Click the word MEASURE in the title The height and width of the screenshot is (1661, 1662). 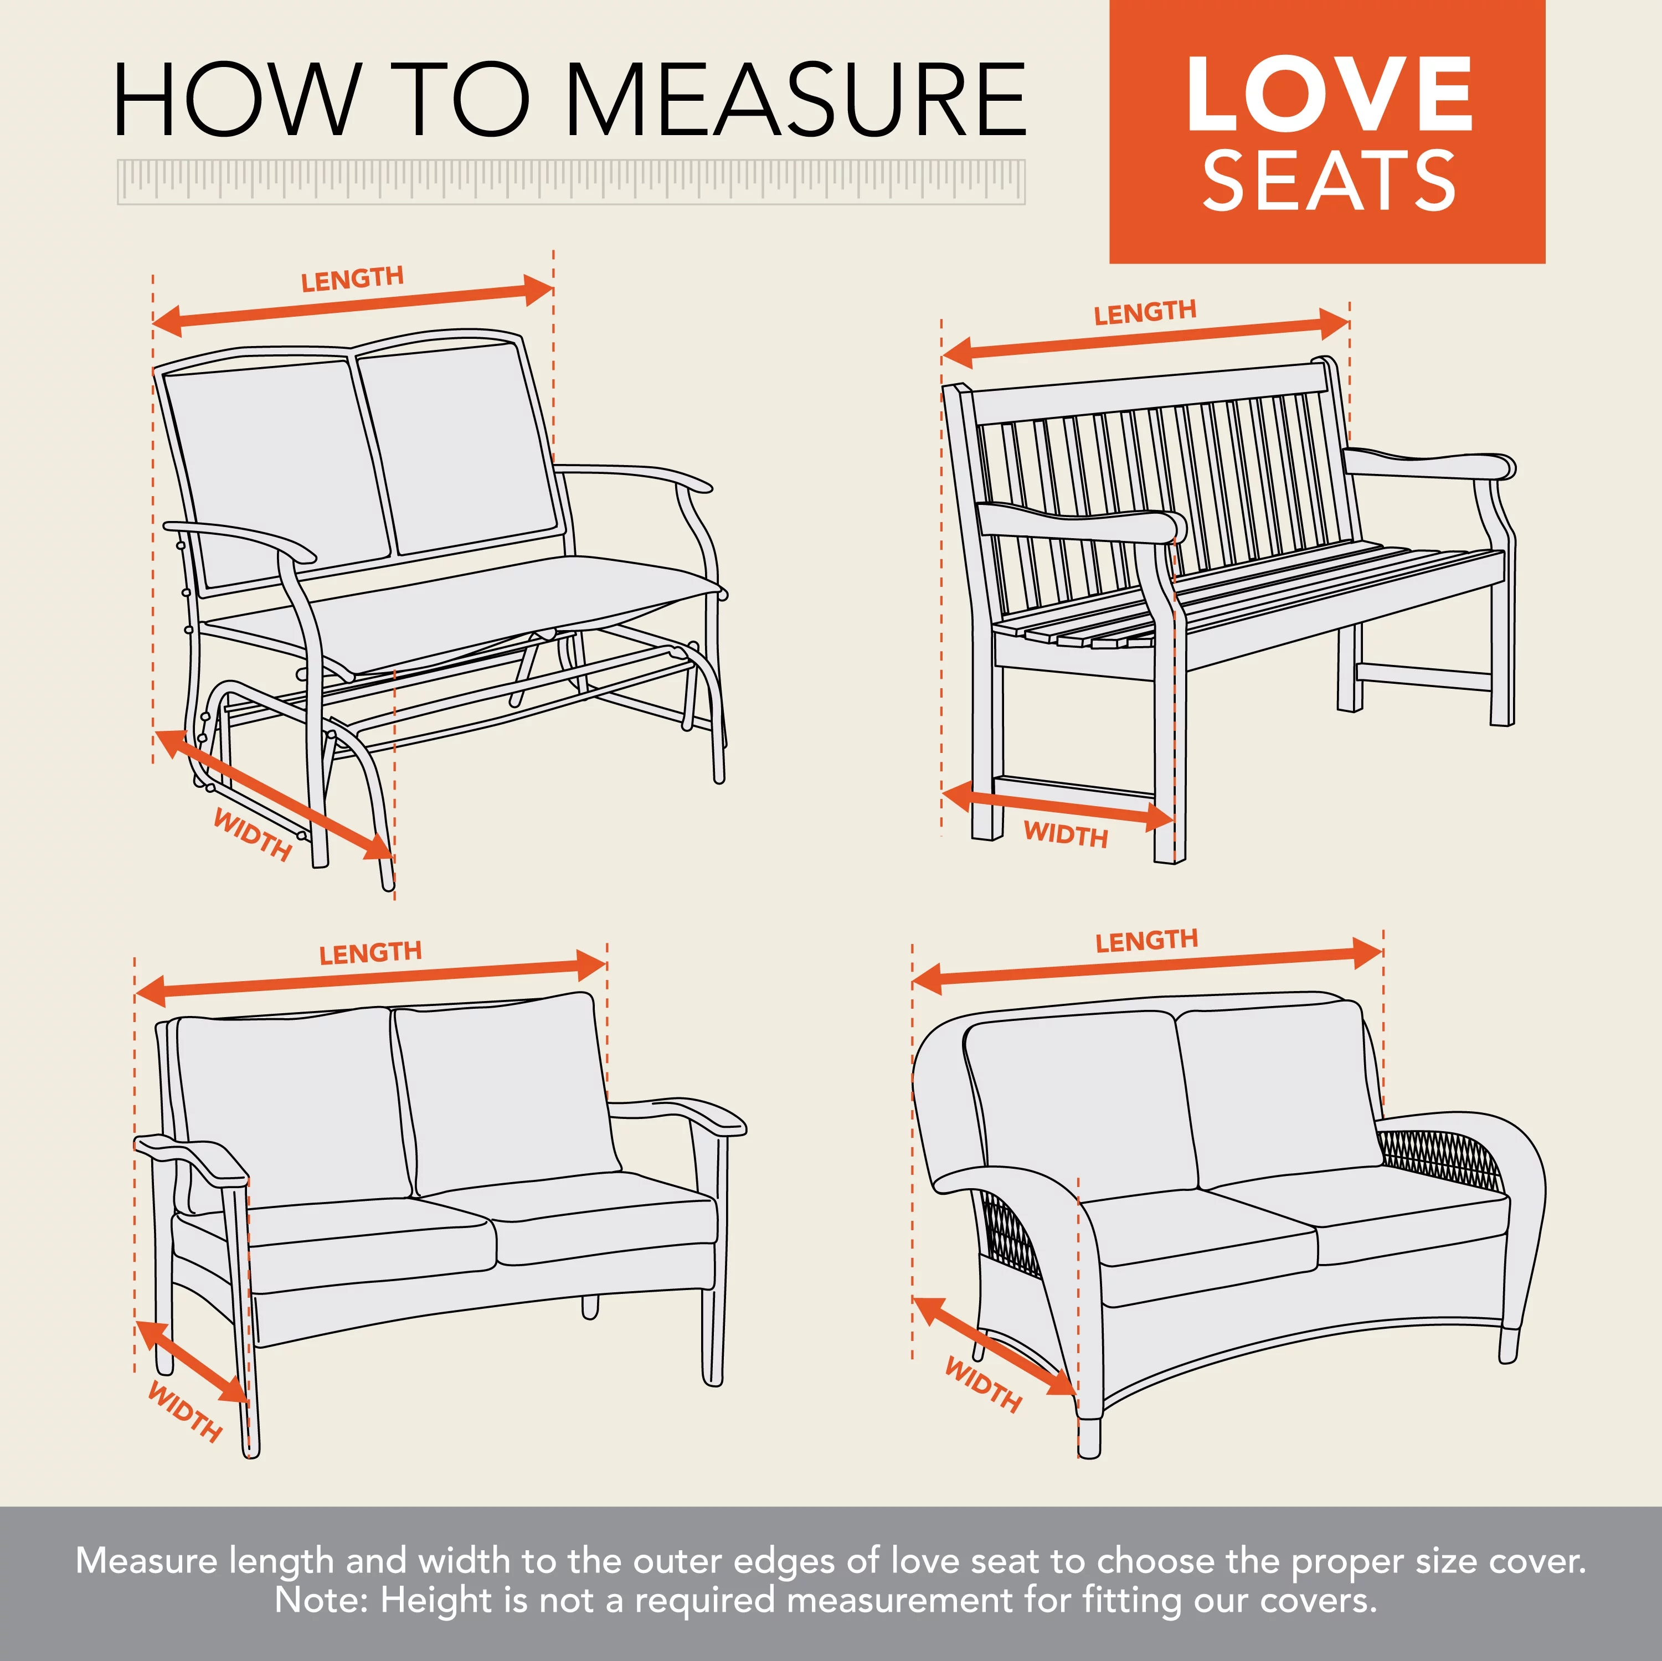point(796,101)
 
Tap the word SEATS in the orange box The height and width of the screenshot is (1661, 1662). point(1329,180)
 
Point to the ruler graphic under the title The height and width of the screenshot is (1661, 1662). point(571,182)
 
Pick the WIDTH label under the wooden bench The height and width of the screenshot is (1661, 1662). point(1066,834)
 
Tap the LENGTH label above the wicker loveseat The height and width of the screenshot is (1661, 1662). point(1147,940)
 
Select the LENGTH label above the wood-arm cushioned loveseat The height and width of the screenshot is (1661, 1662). point(370,953)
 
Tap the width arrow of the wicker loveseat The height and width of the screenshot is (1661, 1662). point(994,1346)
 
